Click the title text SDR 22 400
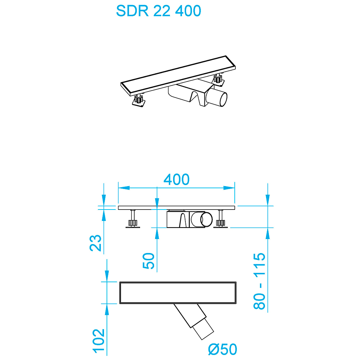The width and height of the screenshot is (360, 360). tap(158, 11)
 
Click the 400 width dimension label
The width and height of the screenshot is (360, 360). tap(176, 179)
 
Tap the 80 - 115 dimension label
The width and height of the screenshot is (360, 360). tap(260, 281)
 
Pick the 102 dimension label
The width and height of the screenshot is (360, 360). tap(98, 340)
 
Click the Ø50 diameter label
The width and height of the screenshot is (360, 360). tap(223, 349)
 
